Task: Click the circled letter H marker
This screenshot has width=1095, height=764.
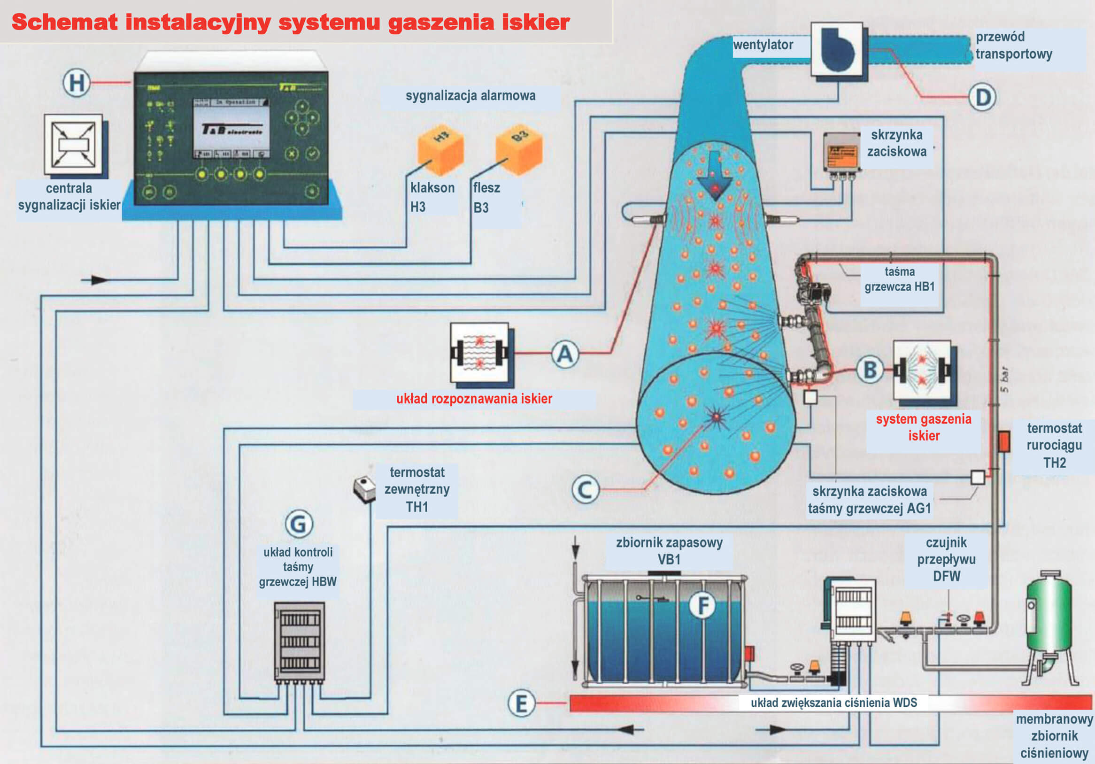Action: pos(77,83)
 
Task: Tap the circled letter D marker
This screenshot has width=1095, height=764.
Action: pos(982,97)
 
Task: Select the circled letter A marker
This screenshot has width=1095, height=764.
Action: pos(565,355)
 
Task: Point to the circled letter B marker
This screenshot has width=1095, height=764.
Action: pos(870,370)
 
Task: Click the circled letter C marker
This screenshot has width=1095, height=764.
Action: pos(585,489)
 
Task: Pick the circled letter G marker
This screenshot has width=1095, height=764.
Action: pos(299,524)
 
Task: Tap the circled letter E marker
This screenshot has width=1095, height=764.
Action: pos(521,703)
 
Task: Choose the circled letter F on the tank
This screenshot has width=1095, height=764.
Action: pos(702,606)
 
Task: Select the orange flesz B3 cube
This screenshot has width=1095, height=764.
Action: pos(519,147)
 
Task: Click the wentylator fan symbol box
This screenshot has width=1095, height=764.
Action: pos(837,49)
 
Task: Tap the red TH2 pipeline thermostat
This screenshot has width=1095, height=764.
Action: pos(1004,441)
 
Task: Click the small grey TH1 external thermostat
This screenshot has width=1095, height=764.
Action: pos(364,488)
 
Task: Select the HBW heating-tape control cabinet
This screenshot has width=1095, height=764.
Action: pos(299,641)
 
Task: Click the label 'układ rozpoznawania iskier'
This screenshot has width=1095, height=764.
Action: pos(474,399)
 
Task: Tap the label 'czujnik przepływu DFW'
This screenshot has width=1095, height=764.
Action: pos(946,559)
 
